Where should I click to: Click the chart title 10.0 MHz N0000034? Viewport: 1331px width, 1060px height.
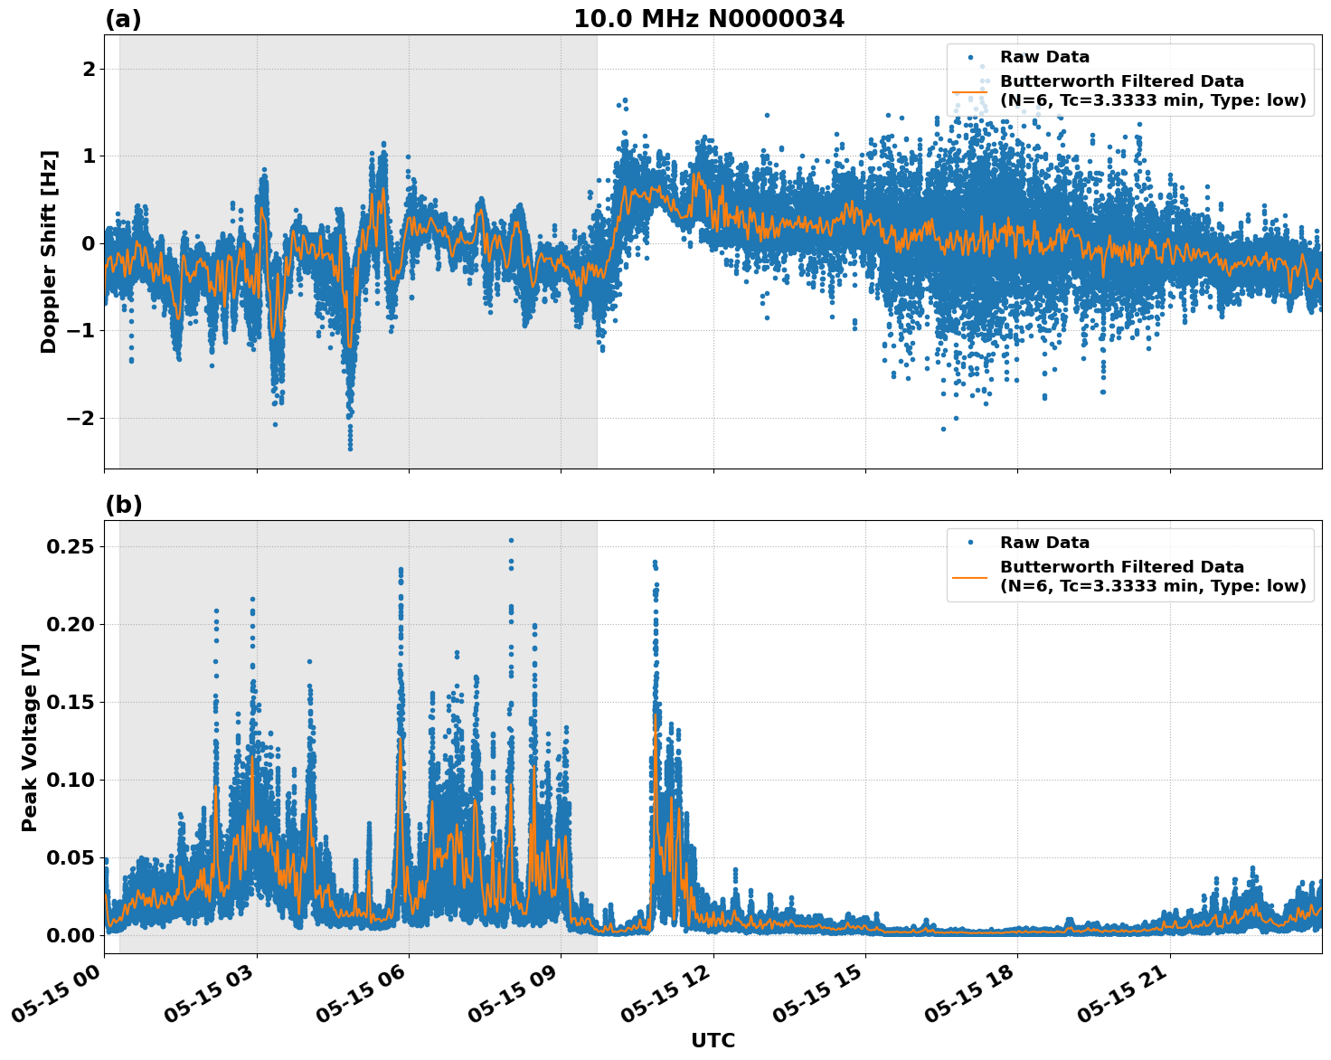click(x=709, y=19)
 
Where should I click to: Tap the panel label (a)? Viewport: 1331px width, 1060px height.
click(x=123, y=19)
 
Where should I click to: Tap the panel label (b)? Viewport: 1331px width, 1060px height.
click(x=123, y=505)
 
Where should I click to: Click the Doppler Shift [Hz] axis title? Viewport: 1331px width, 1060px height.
click(x=49, y=251)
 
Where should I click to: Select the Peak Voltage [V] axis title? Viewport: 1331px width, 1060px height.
click(x=30, y=737)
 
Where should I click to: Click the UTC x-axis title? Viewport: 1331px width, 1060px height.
click(x=713, y=1040)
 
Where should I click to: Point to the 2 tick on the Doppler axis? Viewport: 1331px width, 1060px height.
click(x=89, y=70)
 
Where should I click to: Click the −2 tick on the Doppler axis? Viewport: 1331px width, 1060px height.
click(x=80, y=418)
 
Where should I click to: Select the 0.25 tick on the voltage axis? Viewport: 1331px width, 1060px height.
click(x=71, y=547)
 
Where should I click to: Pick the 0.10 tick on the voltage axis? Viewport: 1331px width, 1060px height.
click(x=71, y=780)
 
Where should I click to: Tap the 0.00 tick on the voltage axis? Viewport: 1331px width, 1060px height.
click(x=71, y=935)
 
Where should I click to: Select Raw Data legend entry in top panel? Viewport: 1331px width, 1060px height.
click(x=1044, y=57)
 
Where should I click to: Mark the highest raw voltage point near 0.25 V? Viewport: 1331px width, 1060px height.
click(x=511, y=541)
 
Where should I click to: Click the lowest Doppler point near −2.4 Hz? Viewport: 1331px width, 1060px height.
click(x=350, y=448)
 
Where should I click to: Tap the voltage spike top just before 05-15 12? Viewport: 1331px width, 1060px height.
click(x=655, y=562)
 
